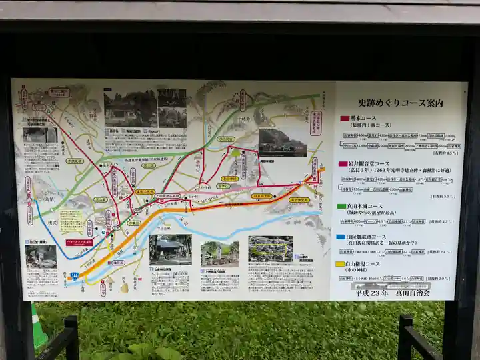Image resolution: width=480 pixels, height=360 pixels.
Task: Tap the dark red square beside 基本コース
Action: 344,118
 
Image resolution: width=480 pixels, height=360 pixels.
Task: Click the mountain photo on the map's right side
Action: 282,142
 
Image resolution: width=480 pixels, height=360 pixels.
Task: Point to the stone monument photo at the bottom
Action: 220,253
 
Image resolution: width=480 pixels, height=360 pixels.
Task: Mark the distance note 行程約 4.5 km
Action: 445,153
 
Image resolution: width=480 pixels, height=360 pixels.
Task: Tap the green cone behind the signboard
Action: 39,327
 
